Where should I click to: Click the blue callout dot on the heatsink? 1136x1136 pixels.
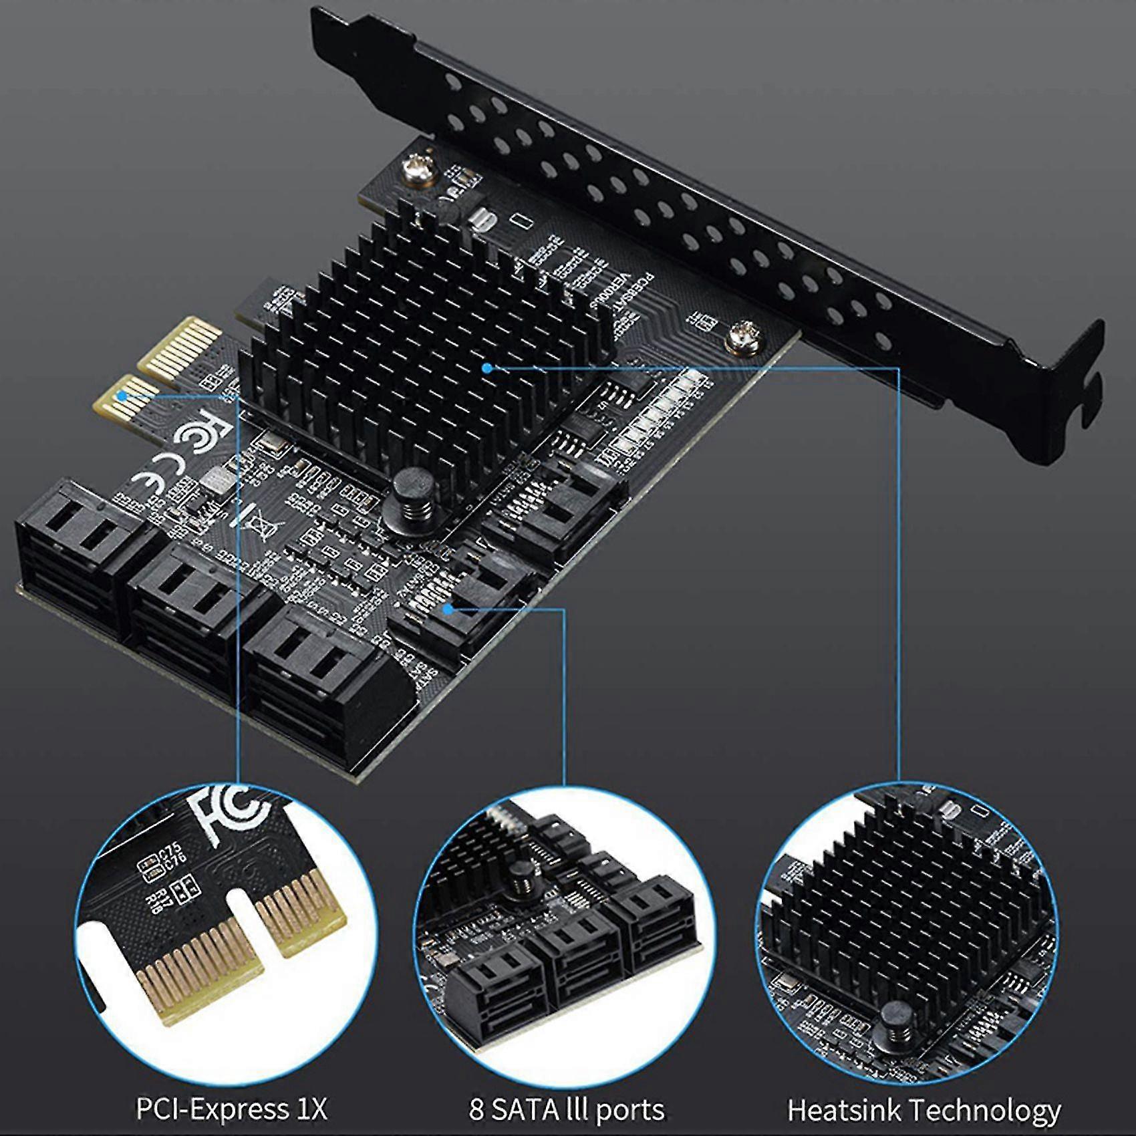click(487, 368)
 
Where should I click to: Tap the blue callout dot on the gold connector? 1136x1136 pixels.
click(121, 395)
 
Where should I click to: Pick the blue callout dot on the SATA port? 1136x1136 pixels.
click(449, 608)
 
